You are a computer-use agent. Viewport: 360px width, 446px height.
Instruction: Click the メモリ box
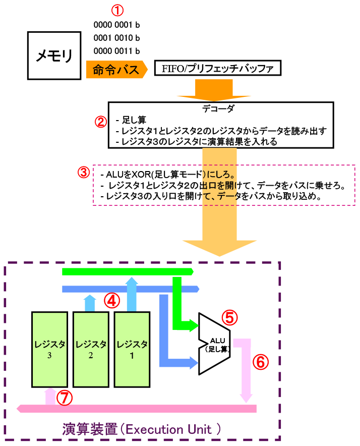point(54,55)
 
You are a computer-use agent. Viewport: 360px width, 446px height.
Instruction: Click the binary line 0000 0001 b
point(116,24)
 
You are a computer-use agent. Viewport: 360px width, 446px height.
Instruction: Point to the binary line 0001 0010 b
point(116,38)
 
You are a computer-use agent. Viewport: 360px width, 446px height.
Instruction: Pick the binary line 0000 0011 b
point(116,51)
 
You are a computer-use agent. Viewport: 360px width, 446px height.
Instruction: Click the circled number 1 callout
point(116,10)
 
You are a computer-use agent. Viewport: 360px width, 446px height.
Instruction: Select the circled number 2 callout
point(100,122)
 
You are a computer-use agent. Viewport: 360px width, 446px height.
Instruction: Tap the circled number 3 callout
point(84,172)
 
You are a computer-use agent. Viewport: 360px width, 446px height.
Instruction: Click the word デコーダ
point(220,108)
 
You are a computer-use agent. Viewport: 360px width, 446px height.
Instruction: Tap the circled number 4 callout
point(112,301)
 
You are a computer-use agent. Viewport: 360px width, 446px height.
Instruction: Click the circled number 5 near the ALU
point(230,317)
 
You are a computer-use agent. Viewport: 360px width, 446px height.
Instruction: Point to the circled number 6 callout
point(260,362)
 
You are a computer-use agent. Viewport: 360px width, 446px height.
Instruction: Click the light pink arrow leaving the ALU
point(246,366)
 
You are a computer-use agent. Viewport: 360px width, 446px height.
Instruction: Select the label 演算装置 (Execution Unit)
point(142,430)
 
